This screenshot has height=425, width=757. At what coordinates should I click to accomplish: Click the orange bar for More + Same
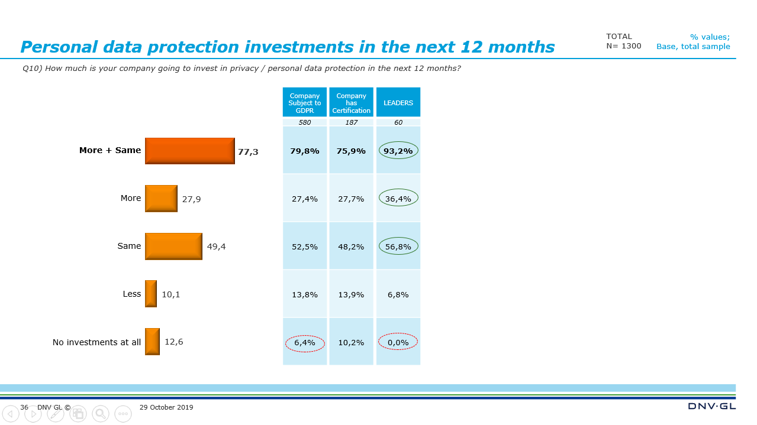[x=189, y=151]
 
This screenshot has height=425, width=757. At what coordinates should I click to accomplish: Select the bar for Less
[x=151, y=294]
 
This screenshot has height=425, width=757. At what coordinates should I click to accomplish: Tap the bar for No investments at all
[x=152, y=342]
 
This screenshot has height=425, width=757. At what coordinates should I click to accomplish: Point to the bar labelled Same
[x=173, y=246]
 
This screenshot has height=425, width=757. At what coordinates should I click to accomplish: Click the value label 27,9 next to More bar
[x=191, y=199]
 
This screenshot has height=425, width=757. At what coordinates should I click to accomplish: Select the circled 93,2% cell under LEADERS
[x=398, y=151]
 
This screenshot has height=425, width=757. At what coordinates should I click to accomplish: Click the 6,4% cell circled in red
[x=305, y=343]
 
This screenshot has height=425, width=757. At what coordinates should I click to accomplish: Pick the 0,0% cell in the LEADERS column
[x=398, y=342]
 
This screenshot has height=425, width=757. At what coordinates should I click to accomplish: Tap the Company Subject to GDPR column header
[x=305, y=103]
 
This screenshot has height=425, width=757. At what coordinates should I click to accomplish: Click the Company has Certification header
[x=352, y=103]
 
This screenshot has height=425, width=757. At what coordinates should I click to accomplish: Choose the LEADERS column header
[x=398, y=103]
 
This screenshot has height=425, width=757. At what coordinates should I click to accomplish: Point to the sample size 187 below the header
[x=352, y=122]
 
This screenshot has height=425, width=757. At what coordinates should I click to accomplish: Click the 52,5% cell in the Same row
[x=305, y=246]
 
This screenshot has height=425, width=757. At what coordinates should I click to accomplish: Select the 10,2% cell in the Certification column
[x=352, y=342]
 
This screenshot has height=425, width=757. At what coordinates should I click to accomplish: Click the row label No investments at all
[x=96, y=342]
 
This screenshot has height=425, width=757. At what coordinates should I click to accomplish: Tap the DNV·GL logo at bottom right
[x=711, y=406]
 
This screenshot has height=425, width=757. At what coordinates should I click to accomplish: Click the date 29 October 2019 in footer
[x=166, y=407]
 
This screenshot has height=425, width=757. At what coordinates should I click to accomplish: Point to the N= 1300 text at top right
[x=623, y=46]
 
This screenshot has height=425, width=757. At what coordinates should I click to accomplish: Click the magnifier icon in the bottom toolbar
[x=101, y=414]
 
